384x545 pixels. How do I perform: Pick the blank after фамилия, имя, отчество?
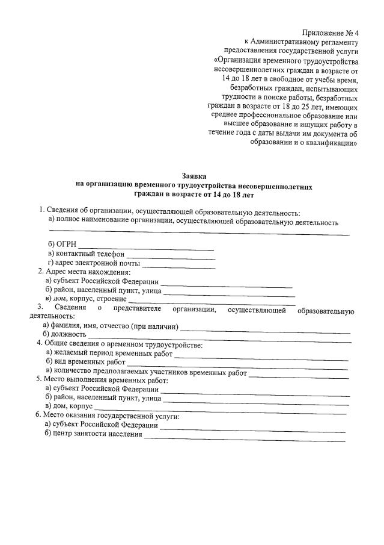(x=264, y=329)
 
